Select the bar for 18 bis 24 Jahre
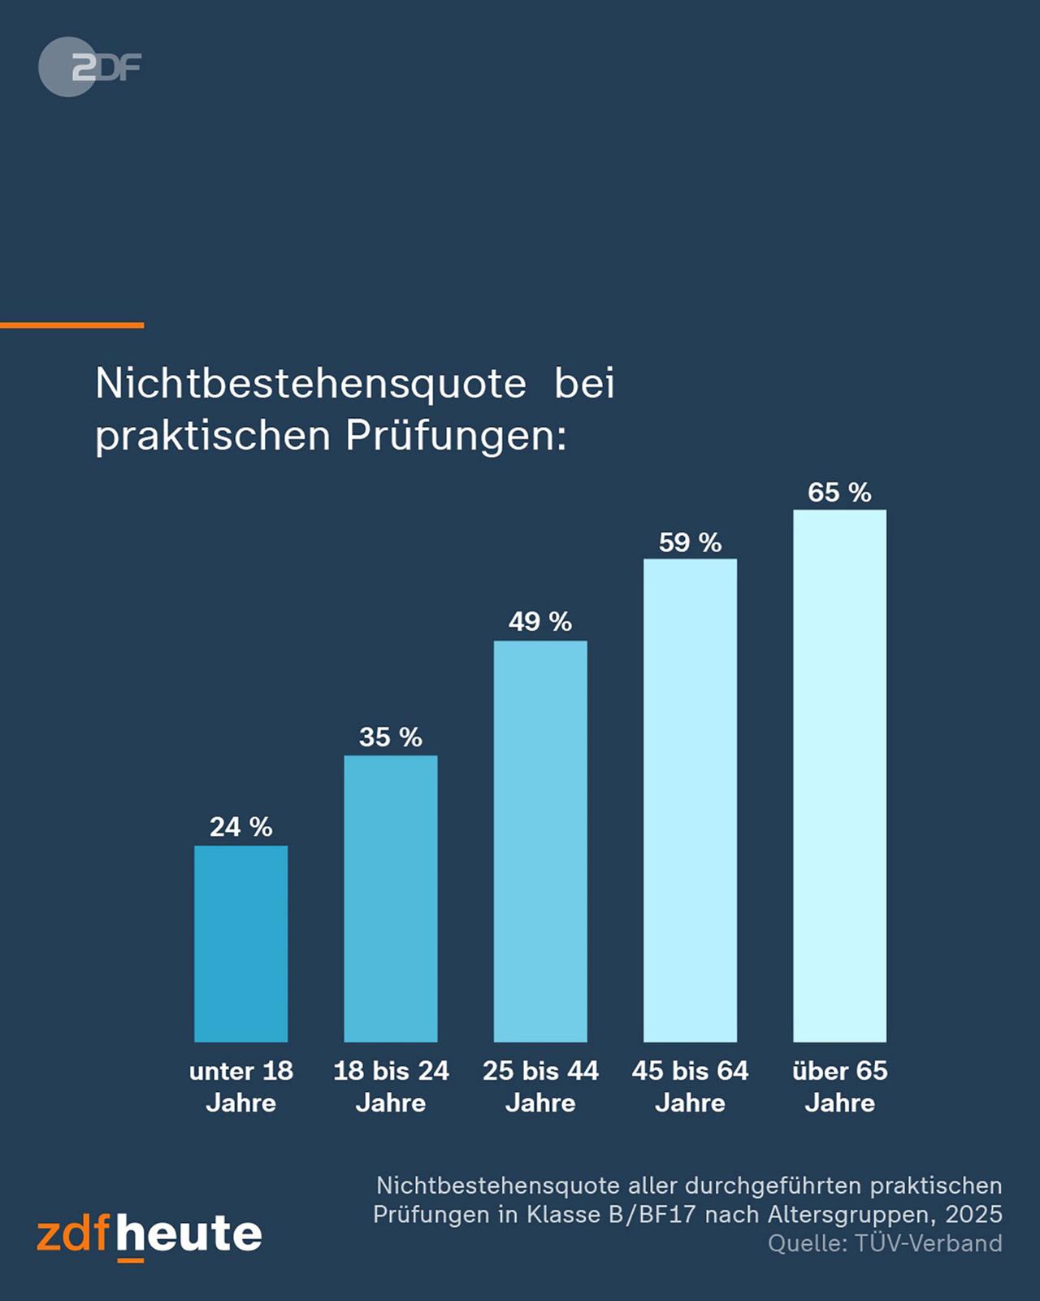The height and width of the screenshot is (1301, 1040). point(390,899)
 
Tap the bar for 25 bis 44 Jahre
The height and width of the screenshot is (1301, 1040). point(540,842)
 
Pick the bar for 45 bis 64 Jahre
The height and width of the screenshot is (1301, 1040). point(690,800)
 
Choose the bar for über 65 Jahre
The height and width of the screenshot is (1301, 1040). point(839,776)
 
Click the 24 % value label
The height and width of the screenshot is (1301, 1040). point(240,827)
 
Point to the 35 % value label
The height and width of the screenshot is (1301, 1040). point(390,737)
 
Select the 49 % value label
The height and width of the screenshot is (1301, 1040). point(540,622)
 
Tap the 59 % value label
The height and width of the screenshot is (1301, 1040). point(690,542)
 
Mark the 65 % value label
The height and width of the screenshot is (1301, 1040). point(839,493)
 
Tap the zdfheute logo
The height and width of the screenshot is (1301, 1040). point(149,1235)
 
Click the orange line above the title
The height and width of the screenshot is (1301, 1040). point(71,325)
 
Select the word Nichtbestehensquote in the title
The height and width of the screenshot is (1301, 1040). point(310,383)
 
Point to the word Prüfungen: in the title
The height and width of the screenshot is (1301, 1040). point(455,436)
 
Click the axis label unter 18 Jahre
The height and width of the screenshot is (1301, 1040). point(240,1086)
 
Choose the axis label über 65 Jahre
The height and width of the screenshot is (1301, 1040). point(839,1086)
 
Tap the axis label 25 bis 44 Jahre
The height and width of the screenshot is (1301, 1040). point(540,1086)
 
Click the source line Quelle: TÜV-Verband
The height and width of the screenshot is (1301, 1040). point(884,1243)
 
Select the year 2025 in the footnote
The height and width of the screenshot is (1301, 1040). point(973,1214)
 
